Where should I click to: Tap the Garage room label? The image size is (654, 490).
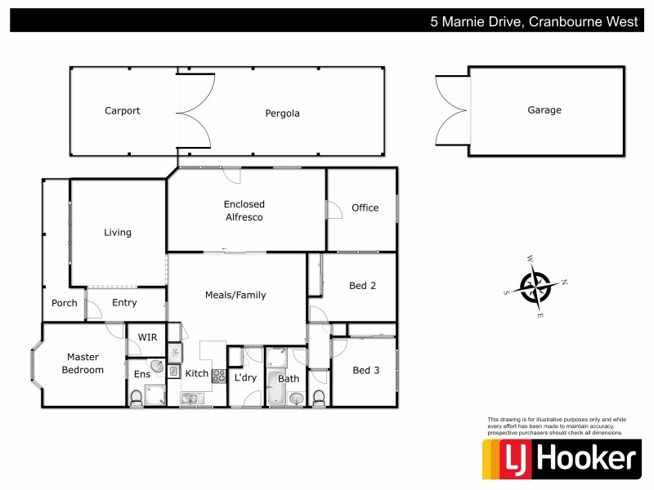click(x=544, y=110)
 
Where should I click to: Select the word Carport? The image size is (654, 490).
click(x=123, y=111)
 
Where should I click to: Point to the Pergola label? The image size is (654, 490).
click(x=282, y=114)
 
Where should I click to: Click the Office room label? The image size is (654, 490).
click(x=365, y=207)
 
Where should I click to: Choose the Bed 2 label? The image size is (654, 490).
click(x=362, y=285)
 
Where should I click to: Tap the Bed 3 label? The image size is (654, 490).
click(x=365, y=371)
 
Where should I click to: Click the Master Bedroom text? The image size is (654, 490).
click(x=85, y=363)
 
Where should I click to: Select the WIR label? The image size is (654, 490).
click(x=148, y=337)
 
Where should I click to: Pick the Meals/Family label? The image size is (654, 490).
click(x=235, y=295)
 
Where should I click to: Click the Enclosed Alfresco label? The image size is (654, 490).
click(x=244, y=211)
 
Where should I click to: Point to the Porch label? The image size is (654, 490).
click(x=65, y=303)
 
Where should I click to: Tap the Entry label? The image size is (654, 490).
click(x=124, y=303)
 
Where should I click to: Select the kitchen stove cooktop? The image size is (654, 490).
click(x=219, y=376)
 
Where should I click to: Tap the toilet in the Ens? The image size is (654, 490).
click(x=137, y=398)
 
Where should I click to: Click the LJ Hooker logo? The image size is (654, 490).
click(x=560, y=459)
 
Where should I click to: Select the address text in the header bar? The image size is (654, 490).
click(x=534, y=22)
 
